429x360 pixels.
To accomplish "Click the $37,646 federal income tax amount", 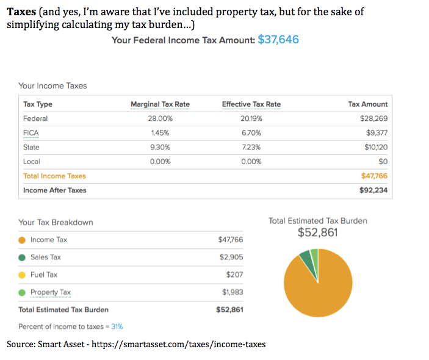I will pos(278,40).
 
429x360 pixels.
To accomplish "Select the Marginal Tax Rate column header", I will pos(160,104).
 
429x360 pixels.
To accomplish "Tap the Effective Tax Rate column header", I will pos(251,104).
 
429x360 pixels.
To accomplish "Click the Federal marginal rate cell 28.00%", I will pos(161,118).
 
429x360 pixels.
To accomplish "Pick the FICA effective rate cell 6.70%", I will pos(251,132).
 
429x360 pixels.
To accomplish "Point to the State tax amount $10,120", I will pos(374,147).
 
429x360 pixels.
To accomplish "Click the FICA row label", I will pos(31,132).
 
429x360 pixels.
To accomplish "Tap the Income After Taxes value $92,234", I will pos(373,190).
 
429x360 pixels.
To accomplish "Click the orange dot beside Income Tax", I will pos(22,240).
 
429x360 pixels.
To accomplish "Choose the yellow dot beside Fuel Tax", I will pos(22,275).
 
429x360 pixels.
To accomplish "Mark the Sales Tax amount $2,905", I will pos(231,257).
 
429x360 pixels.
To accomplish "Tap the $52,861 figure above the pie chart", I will pos(317,232).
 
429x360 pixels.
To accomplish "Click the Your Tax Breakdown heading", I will pos(56,222).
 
